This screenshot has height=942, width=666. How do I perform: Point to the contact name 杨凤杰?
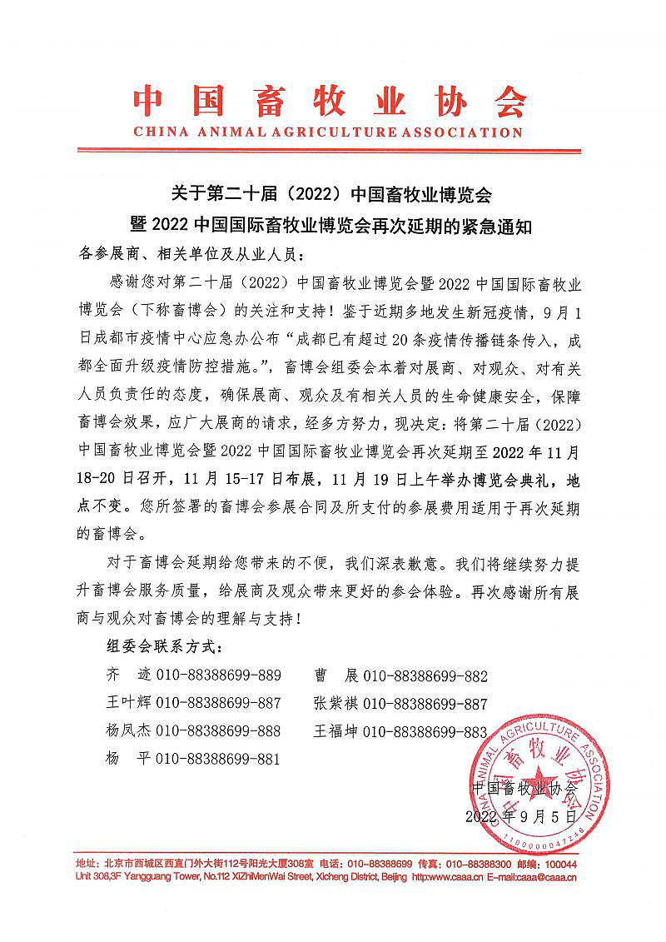tap(127, 731)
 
